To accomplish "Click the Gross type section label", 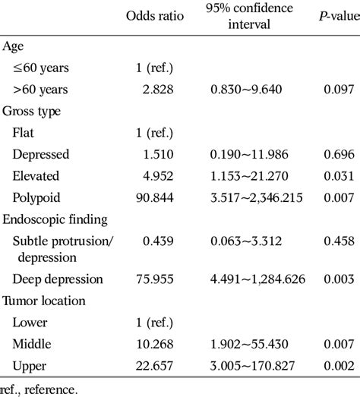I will [x=32, y=111].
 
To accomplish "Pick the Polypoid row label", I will [x=38, y=197].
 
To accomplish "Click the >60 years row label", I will [x=40, y=90].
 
